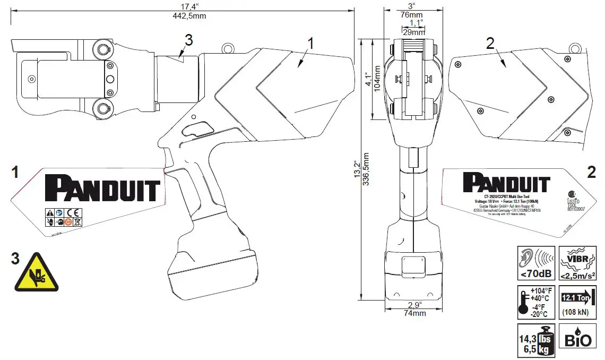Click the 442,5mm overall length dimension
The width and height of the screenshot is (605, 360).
point(183,16)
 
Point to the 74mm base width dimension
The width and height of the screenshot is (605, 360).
point(414,313)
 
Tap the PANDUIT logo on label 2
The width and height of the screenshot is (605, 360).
point(506,183)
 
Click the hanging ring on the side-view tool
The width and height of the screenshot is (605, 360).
point(228,48)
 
